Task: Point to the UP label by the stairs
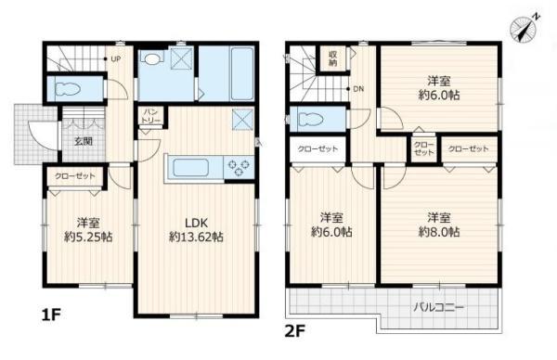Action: [116, 60]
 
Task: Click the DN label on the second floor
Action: [358, 89]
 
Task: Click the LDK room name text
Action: [194, 222]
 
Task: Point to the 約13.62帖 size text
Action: [195, 238]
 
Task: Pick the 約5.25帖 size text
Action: [89, 238]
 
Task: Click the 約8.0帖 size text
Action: [438, 232]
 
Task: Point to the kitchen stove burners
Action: [239, 168]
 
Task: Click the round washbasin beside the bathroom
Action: [153, 58]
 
